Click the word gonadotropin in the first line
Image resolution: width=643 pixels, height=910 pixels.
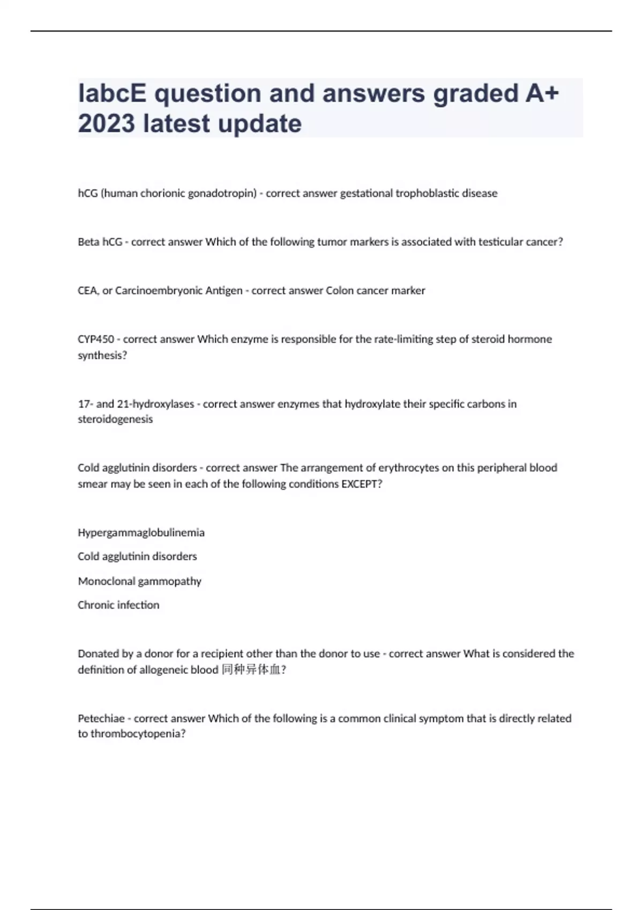226,193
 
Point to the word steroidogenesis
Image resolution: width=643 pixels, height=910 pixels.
115,419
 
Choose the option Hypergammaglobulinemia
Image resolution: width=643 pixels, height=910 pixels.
141,533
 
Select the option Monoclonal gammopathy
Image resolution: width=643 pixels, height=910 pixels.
139,581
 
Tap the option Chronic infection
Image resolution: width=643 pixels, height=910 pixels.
118,605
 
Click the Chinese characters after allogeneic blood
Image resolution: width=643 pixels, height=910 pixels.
251,670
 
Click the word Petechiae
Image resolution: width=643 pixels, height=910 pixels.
101,718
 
